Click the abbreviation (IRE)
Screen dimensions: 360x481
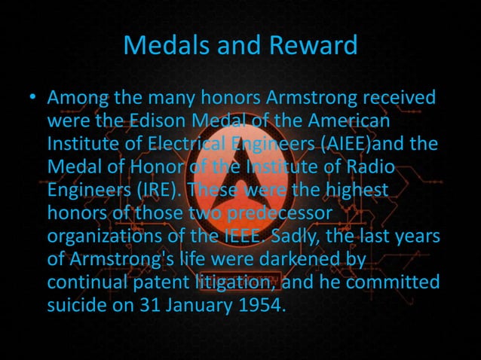click(158, 187)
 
